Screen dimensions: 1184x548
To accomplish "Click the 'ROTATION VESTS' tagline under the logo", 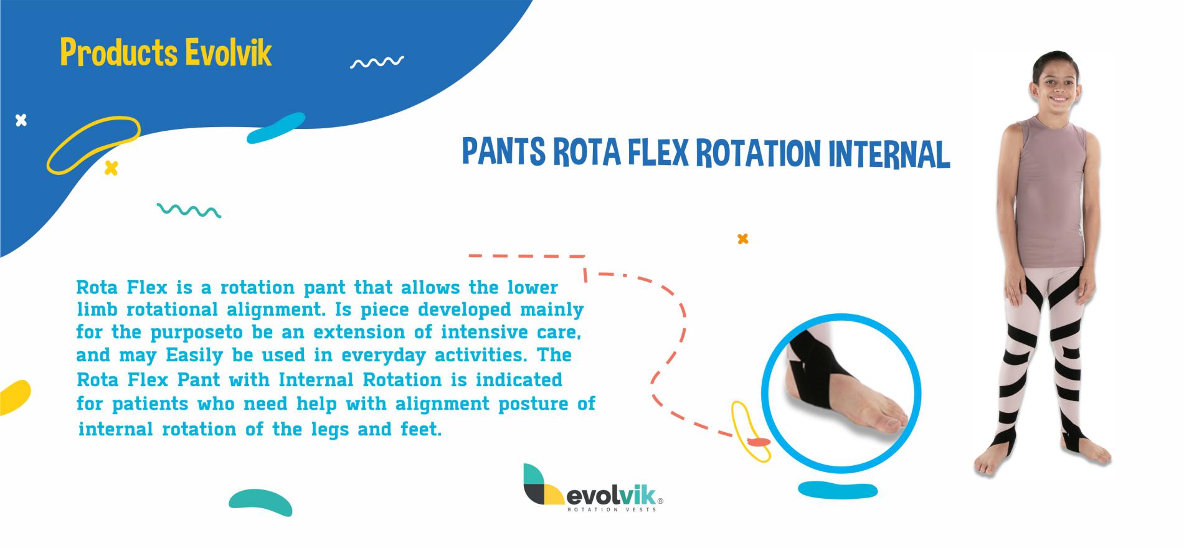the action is (611, 509).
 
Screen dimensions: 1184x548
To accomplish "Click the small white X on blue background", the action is (21, 120).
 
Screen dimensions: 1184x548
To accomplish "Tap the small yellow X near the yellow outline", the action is (111, 168).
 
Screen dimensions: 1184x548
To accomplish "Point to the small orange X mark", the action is (742, 239).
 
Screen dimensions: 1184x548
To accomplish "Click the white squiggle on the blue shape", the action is (377, 62).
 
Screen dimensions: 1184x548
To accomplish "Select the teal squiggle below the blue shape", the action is (189, 210).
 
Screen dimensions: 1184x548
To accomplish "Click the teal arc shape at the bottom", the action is (260, 500).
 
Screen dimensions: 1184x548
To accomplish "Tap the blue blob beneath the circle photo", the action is (838, 490).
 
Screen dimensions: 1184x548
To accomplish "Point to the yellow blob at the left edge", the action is (14, 397).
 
